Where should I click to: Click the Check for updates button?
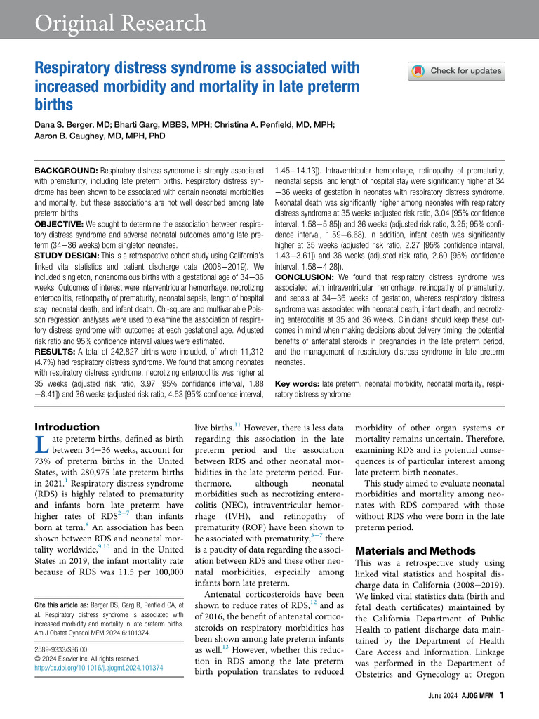click(456, 71)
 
